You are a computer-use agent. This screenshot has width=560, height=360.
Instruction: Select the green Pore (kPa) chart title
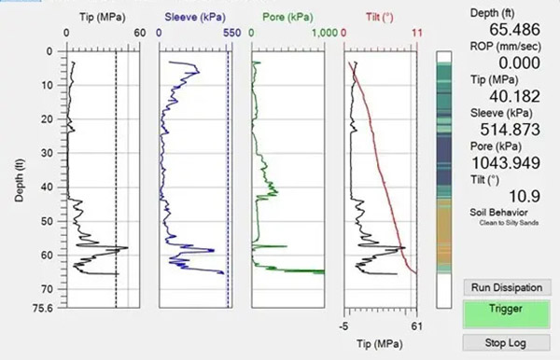click(x=286, y=17)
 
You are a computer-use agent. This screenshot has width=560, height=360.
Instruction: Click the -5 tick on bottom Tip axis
click(x=344, y=326)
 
